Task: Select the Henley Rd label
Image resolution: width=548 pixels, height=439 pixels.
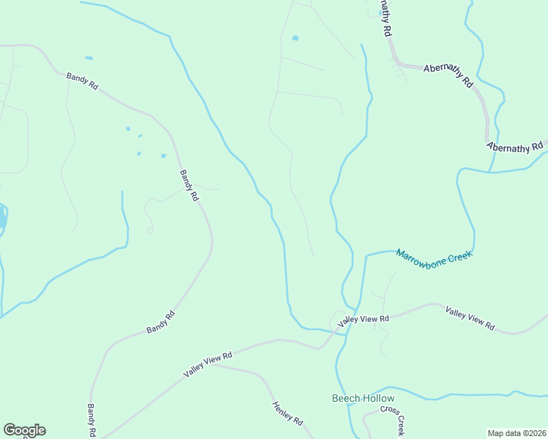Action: pyautogui.click(x=288, y=414)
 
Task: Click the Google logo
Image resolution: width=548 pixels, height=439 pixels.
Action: pyautogui.click(x=24, y=430)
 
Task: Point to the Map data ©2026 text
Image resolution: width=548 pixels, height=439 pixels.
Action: pyautogui.click(x=517, y=433)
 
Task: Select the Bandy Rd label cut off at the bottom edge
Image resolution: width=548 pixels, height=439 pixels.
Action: pyautogui.click(x=92, y=421)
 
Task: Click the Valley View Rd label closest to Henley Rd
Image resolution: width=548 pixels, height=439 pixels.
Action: pyautogui.click(x=207, y=364)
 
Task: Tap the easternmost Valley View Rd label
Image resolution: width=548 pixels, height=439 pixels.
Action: pyautogui.click(x=470, y=319)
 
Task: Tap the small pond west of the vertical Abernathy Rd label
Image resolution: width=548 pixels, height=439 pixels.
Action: pyautogui.click(x=295, y=38)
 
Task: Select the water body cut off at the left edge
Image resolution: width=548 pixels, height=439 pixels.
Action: pyautogui.click(x=2, y=217)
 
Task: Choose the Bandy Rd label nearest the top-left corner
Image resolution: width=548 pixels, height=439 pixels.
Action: pyautogui.click(x=82, y=80)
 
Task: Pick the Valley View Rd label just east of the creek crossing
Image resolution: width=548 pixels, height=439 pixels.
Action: pyautogui.click(x=363, y=319)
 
